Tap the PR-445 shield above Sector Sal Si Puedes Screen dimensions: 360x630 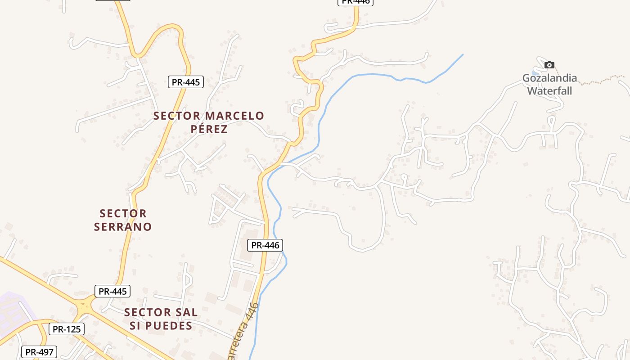(112, 291)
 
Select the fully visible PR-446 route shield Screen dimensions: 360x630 (265, 245)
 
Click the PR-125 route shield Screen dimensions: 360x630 (66, 329)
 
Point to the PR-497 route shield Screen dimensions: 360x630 (39, 352)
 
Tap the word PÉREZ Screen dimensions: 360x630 (209, 129)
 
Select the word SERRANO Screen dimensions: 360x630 (123, 227)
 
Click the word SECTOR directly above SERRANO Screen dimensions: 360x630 (123, 213)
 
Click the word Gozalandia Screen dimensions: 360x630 (549, 78)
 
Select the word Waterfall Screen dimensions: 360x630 (549, 91)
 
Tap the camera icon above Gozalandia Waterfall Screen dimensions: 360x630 (549, 65)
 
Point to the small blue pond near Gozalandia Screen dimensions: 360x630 (535, 72)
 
